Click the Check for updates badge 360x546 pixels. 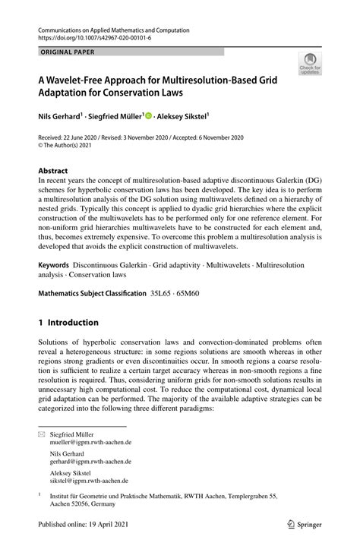(310, 65)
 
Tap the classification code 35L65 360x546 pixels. (161, 293)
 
